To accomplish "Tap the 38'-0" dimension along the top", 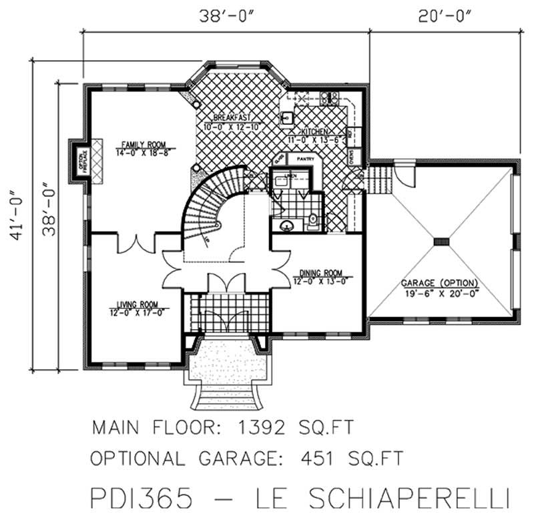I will pyautogui.click(x=225, y=15).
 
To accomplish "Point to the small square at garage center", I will pyautogui.click(x=441, y=241).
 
